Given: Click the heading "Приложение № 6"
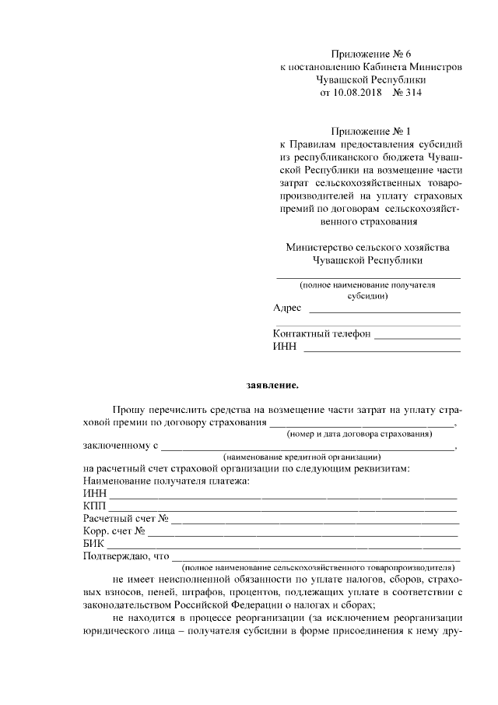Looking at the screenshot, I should [370, 54].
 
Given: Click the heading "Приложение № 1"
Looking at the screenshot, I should [370, 131].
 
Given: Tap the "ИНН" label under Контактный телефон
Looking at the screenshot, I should [285, 347].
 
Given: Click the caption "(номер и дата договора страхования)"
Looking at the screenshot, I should [359, 433].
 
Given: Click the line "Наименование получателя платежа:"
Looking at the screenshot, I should [167, 481].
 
